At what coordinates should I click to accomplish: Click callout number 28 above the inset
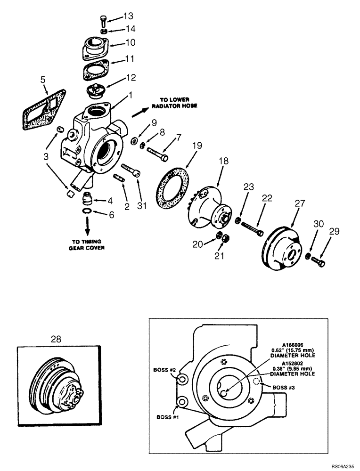point(56,339)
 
